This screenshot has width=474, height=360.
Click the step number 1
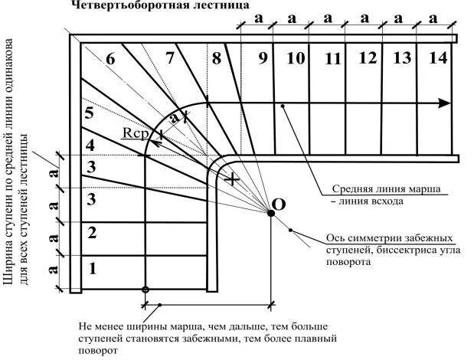coord(93,269)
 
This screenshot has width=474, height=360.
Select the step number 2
coord(93,233)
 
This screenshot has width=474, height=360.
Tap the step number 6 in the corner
coord(110,60)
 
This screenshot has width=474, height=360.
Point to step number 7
coord(169,57)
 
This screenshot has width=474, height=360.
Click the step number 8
coord(217,57)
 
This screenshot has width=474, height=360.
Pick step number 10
coord(296,58)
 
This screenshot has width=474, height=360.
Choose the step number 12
coord(368,58)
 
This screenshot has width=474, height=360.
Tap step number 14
coord(438,57)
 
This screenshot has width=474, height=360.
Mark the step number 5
coord(90,113)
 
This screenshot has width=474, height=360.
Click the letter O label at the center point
coord(279,204)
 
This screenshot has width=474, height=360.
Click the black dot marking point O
coord(271,214)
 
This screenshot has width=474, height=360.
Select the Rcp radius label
coord(133,133)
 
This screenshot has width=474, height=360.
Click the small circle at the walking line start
coord(146,290)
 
